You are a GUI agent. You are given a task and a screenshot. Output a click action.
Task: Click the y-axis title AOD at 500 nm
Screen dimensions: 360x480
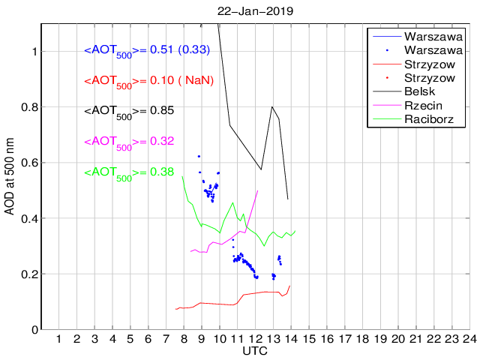(x=9, y=177)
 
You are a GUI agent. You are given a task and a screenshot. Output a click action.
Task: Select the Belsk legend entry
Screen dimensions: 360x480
(x=421, y=91)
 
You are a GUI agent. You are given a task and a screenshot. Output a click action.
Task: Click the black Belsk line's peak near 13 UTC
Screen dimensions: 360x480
(x=271, y=106)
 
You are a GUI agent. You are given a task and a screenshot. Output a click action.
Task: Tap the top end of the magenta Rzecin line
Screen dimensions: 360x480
(x=257, y=190)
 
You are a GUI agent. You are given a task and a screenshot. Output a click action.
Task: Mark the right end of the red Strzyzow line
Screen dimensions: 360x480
(x=289, y=286)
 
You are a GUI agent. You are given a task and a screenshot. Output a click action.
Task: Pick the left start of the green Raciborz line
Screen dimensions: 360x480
(x=183, y=176)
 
